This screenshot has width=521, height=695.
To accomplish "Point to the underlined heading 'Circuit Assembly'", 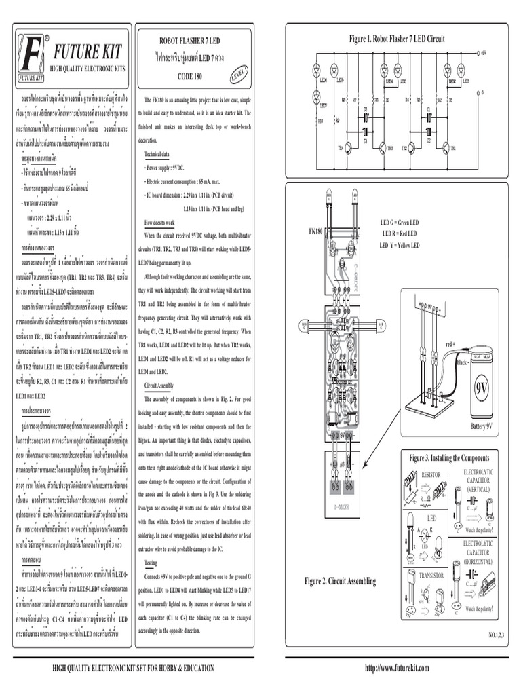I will click(x=161, y=384).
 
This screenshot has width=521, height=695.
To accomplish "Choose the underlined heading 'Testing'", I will click(x=151, y=563).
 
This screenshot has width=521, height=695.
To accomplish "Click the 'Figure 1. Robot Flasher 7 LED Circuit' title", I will click(x=397, y=40).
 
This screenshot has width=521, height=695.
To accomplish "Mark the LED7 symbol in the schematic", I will click(x=322, y=105).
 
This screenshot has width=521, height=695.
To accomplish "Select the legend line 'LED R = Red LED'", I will click(x=400, y=233).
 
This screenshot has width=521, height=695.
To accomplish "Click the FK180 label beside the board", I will click(x=315, y=231).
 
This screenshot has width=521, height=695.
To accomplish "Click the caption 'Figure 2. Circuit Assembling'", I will click(x=340, y=581).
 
